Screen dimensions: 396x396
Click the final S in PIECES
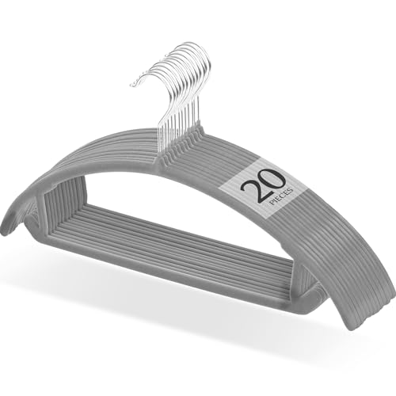click(x=291, y=189)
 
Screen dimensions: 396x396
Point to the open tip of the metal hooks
click(x=133, y=84)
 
